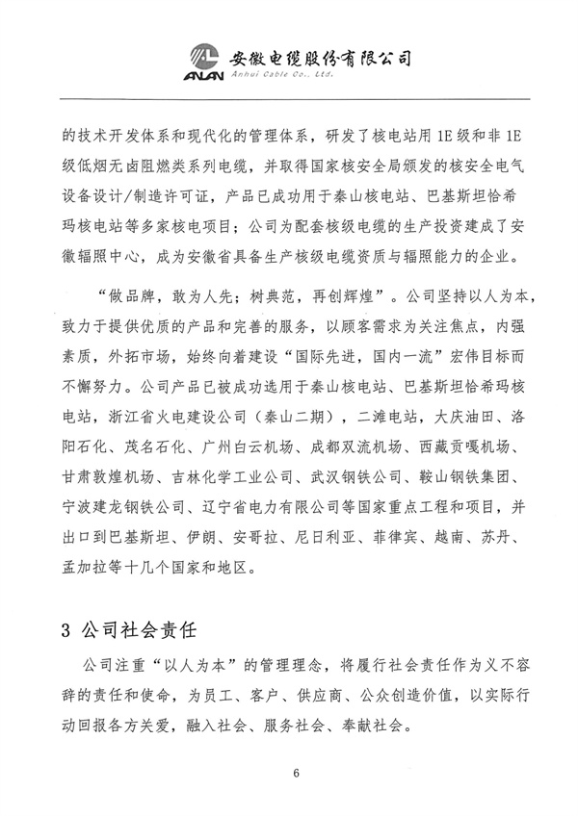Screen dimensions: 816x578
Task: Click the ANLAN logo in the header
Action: pyautogui.click(x=204, y=61)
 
